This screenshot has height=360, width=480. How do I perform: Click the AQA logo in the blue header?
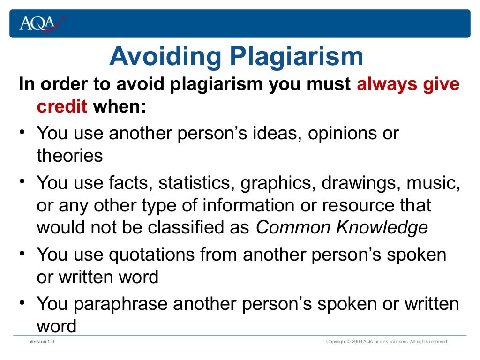pos(41,22)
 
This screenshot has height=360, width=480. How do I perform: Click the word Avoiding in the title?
pos(165,57)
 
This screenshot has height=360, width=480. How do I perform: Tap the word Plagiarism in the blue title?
pos(296,57)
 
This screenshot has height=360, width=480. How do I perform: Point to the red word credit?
pos(62,107)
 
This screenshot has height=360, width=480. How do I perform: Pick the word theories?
pos(69,156)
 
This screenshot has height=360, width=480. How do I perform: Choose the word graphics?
pos(279,183)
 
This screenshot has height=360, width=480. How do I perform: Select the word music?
pos(432,183)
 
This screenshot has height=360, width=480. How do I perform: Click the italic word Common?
pos(287,227)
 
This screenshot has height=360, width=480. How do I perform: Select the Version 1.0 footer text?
pos(42,342)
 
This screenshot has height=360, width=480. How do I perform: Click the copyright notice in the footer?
pos(387,342)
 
